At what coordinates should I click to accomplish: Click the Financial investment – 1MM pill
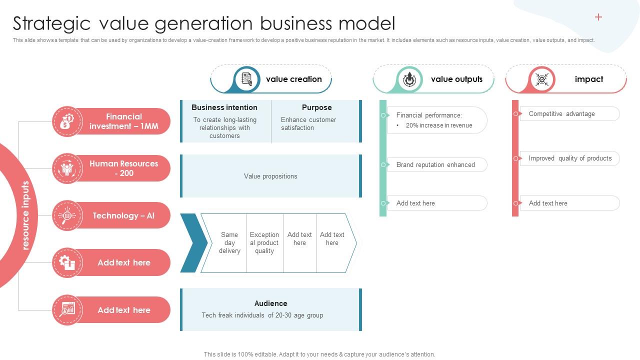tap(123, 121)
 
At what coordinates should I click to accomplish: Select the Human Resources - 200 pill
tap(123, 168)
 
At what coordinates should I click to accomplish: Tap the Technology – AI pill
tap(123, 215)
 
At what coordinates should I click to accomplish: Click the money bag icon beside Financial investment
tap(67, 121)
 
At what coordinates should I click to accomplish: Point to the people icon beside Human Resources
tap(67, 168)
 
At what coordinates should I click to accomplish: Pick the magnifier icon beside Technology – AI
tap(67, 215)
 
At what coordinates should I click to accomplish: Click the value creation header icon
tap(247, 79)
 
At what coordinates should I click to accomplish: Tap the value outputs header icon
tap(409, 79)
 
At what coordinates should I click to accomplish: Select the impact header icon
tap(542, 79)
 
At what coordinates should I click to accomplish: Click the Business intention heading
tap(224, 107)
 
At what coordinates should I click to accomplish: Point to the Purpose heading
tap(316, 107)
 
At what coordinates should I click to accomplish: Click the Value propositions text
tap(270, 176)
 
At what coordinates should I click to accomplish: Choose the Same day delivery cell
tap(229, 243)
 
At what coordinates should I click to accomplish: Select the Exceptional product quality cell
tap(264, 243)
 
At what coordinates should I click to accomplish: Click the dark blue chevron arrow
tap(192, 243)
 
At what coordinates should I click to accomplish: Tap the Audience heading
tap(270, 303)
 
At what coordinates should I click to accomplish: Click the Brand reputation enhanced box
tap(436, 164)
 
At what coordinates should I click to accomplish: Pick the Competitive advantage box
tap(569, 114)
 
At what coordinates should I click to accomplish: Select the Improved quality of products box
tap(570, 158)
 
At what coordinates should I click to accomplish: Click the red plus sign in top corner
tap(598, 17)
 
